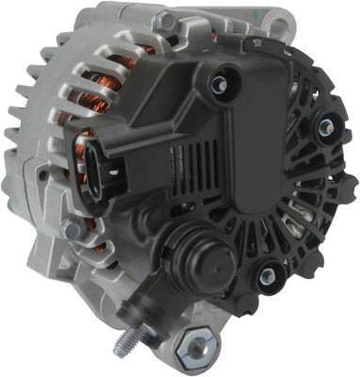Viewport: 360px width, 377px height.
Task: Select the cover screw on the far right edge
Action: point(326,127)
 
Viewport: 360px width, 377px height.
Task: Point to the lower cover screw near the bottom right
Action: point(268,275)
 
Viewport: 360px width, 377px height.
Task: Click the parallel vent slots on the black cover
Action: point(205,168)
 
